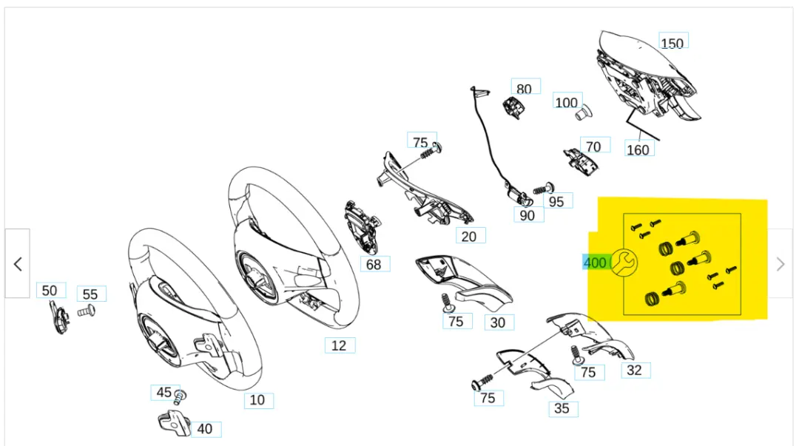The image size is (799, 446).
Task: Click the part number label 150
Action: coord(672,43)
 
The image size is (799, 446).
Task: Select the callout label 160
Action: coord(638,149)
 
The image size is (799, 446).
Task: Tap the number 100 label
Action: coord(567,102)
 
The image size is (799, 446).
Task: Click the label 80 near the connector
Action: coord(524,89)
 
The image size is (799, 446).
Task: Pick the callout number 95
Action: coord(557,200)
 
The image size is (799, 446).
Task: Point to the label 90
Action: coord(527,214)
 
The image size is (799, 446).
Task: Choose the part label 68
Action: coord(374,264)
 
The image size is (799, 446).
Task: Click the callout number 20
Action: coord(469,237)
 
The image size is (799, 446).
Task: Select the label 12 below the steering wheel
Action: coord(339,345)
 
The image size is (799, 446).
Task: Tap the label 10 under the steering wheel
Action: coord(257,400)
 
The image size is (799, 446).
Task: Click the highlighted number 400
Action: coord(595,263)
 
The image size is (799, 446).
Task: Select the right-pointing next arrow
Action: coord(781,264)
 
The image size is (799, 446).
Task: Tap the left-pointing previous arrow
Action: coord(18,264)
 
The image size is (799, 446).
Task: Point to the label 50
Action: coord(50,291)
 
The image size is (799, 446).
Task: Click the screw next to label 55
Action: coord(86,311)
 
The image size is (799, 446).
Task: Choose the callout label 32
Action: coord(634,370)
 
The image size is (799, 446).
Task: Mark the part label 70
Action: coord(593,146)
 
